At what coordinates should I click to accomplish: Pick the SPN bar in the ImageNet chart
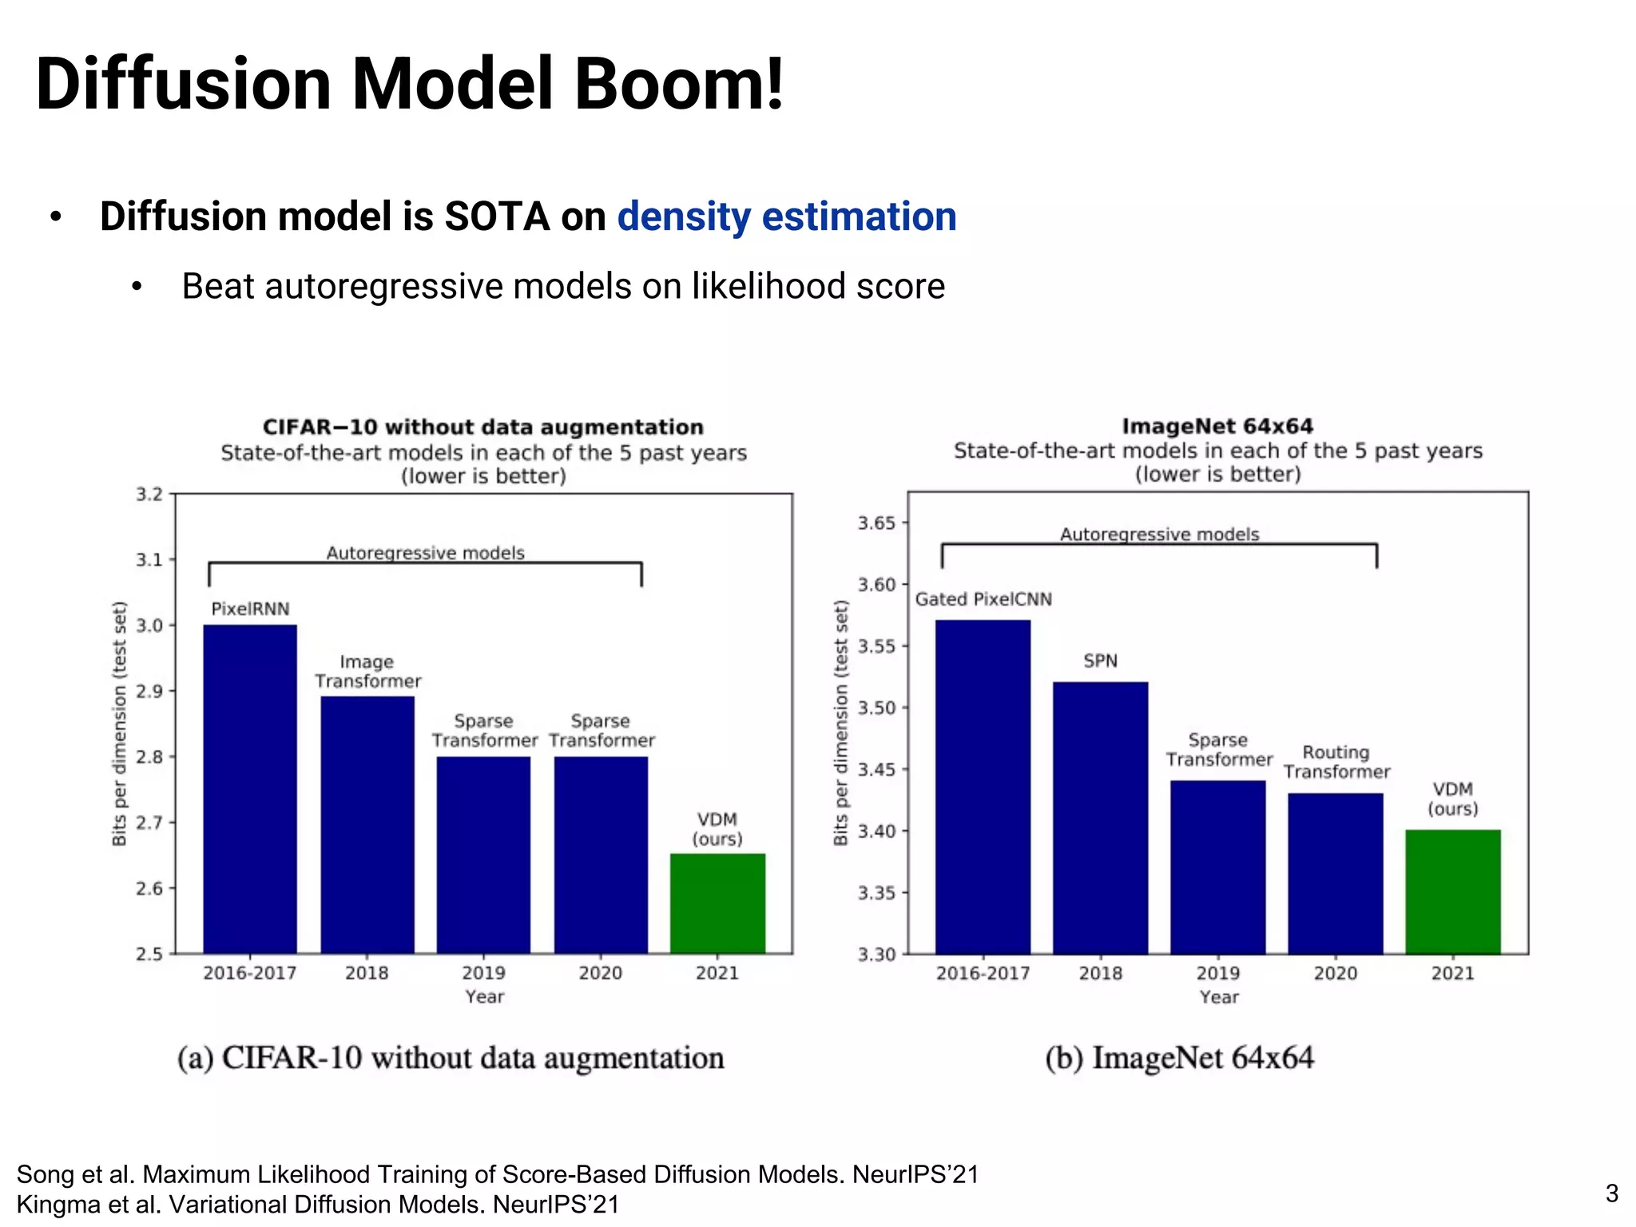pos(1100,818)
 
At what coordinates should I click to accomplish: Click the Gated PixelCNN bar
pos(983,787)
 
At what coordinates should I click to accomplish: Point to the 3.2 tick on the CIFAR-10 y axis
pos(149,494)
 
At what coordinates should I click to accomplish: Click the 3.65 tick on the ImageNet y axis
pos(876,523)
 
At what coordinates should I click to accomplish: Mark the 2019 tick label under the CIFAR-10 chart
pos(483,973)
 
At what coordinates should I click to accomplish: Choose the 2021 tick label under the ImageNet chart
pos(1452,973)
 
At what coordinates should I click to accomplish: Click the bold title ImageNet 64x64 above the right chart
pos(1217,427)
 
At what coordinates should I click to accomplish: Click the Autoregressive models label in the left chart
pos(425,553)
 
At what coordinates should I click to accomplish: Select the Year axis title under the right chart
pos(1218,997)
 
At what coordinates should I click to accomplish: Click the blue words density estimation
pos(787,216)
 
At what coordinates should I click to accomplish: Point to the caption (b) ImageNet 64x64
pos(1179,1058)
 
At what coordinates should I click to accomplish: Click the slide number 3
pos(1612,1193)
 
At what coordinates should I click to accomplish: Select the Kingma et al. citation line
pos(318,1205)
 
